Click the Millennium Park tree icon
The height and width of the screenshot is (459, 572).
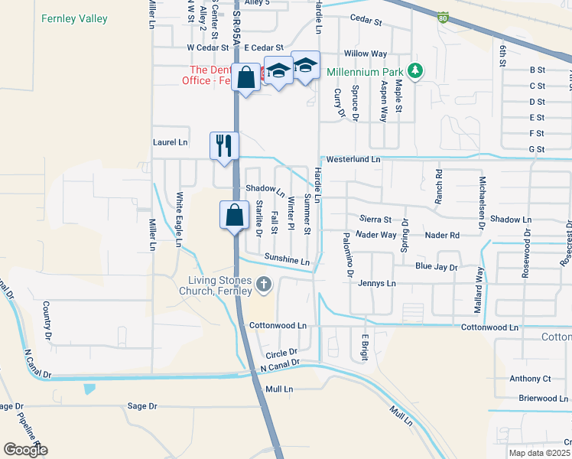click(415, 71)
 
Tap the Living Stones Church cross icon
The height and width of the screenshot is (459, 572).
click(264, 285)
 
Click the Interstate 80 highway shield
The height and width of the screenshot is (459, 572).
click(444, 18)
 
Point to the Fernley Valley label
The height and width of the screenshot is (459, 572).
click(74, 18)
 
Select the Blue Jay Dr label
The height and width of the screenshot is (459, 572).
click(436, 268)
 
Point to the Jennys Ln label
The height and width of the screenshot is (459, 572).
click(377, 283)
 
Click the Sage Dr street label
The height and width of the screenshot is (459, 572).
click(142, 406)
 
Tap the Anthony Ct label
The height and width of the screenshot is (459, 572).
click(531, 379)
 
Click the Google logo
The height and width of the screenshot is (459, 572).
click(25, 450)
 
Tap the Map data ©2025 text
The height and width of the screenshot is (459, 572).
click(539, 453)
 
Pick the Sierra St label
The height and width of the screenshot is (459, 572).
click(375, 220)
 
